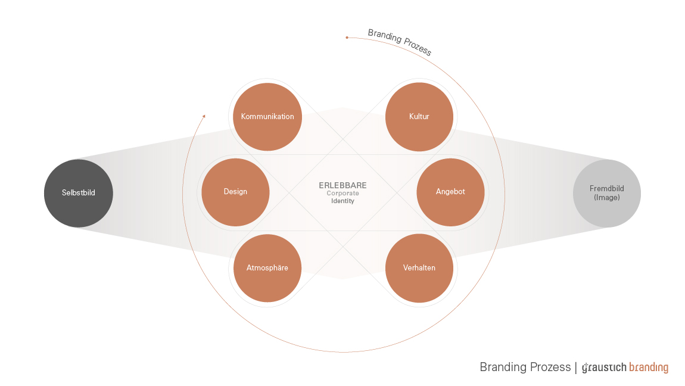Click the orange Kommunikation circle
(267, 117)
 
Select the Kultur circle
(419, 117)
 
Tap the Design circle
(235, 192)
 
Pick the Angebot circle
(450, 192)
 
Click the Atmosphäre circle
(267, 268)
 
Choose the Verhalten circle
(419, 268)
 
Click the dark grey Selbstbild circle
(79, 193)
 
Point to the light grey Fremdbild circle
(607, 193)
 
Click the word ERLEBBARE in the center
(342, 185)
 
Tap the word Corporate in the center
(342, 194)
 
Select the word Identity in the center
(342, 201)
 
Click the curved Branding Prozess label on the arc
(400, 42)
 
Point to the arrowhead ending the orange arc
(204, 116)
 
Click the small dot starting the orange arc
(347, 38)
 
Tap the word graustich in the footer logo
(604, 368)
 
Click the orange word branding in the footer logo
(649, 368)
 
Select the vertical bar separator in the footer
(576, 367)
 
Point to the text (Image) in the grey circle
(607, 198)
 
